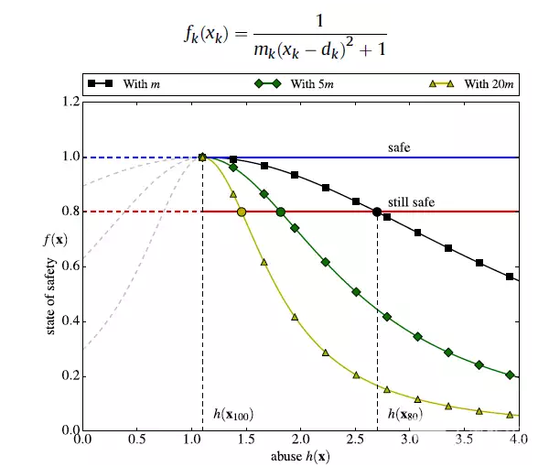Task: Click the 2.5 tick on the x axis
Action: (x=355, y=440)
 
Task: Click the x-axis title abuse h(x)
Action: (x=299, y=456)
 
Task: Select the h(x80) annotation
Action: (x=404, y=415)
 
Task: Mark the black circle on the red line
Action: (x=377, y=212)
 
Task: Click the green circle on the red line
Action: (x=281, y=212)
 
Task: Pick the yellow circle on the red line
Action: (x=242, y=212)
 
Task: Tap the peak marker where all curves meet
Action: (x=202, y=157)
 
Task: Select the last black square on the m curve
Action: (x=510, y=277)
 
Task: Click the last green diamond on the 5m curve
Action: (x=510, y=375)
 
